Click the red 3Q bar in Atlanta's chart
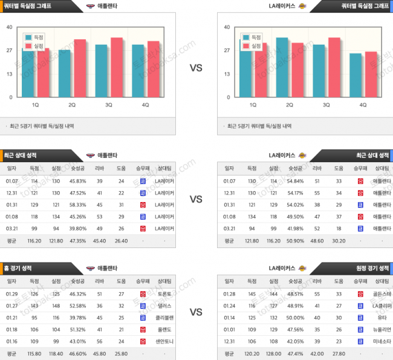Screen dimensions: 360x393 coord(116,67)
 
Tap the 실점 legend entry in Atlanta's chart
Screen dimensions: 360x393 coord(37,45)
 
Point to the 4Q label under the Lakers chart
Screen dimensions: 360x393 coord(363,105)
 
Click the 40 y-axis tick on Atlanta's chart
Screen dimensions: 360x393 coord(10,27)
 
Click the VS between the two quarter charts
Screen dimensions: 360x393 coord(196,68)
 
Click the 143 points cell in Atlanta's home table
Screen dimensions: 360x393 coord(34,306)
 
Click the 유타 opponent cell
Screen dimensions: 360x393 coord(381,318)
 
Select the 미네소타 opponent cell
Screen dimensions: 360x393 coord(381,341)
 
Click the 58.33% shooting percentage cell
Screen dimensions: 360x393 coord(78,205)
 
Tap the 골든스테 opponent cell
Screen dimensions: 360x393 coord(381,294)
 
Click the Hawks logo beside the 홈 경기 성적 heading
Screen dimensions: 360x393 coord(90,267)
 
